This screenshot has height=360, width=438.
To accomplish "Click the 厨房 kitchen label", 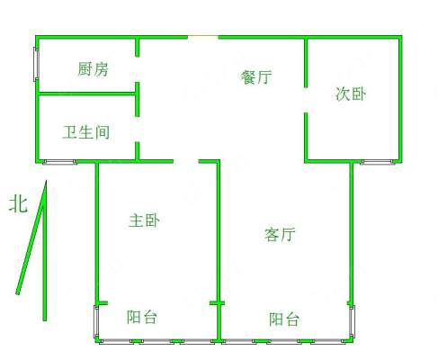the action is [93, 69].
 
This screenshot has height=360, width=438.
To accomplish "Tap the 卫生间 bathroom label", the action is [86, 132].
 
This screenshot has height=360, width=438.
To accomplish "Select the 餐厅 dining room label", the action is [256, 77].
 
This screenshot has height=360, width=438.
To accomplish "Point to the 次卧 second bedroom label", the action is [351, 94].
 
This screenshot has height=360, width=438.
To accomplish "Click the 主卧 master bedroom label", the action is [144, 220].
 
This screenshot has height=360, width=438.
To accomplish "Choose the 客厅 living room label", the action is [280, 234].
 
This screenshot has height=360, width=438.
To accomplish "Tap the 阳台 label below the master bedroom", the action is [141, 317].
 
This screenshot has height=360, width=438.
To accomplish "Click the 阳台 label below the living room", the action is [284, 319].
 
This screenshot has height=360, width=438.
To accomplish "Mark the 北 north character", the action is [18, 204].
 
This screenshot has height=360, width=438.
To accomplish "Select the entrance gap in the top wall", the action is [203, 37].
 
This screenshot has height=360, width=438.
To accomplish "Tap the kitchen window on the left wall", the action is [36, 64].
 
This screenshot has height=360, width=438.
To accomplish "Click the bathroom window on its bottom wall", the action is [60, 162].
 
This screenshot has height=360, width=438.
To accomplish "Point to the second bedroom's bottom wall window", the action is [379, 162].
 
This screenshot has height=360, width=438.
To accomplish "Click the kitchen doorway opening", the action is [138, 69].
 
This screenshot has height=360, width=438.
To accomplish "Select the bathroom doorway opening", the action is [138, 130].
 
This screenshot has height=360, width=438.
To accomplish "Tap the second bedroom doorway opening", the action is [306, 100].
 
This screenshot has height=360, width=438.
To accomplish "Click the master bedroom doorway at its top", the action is [186, 162].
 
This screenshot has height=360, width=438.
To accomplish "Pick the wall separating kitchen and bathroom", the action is [87, 94].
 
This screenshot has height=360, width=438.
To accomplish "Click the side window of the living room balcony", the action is [352, 321].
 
